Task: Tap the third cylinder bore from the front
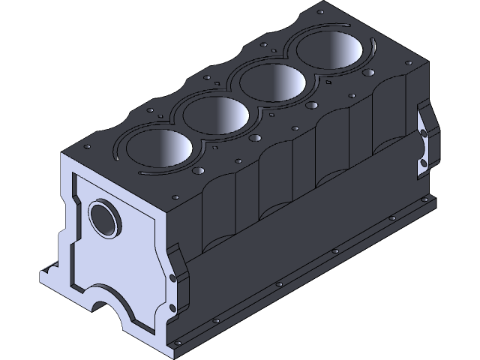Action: coord(274,82)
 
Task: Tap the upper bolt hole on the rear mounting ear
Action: coord(424,134)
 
